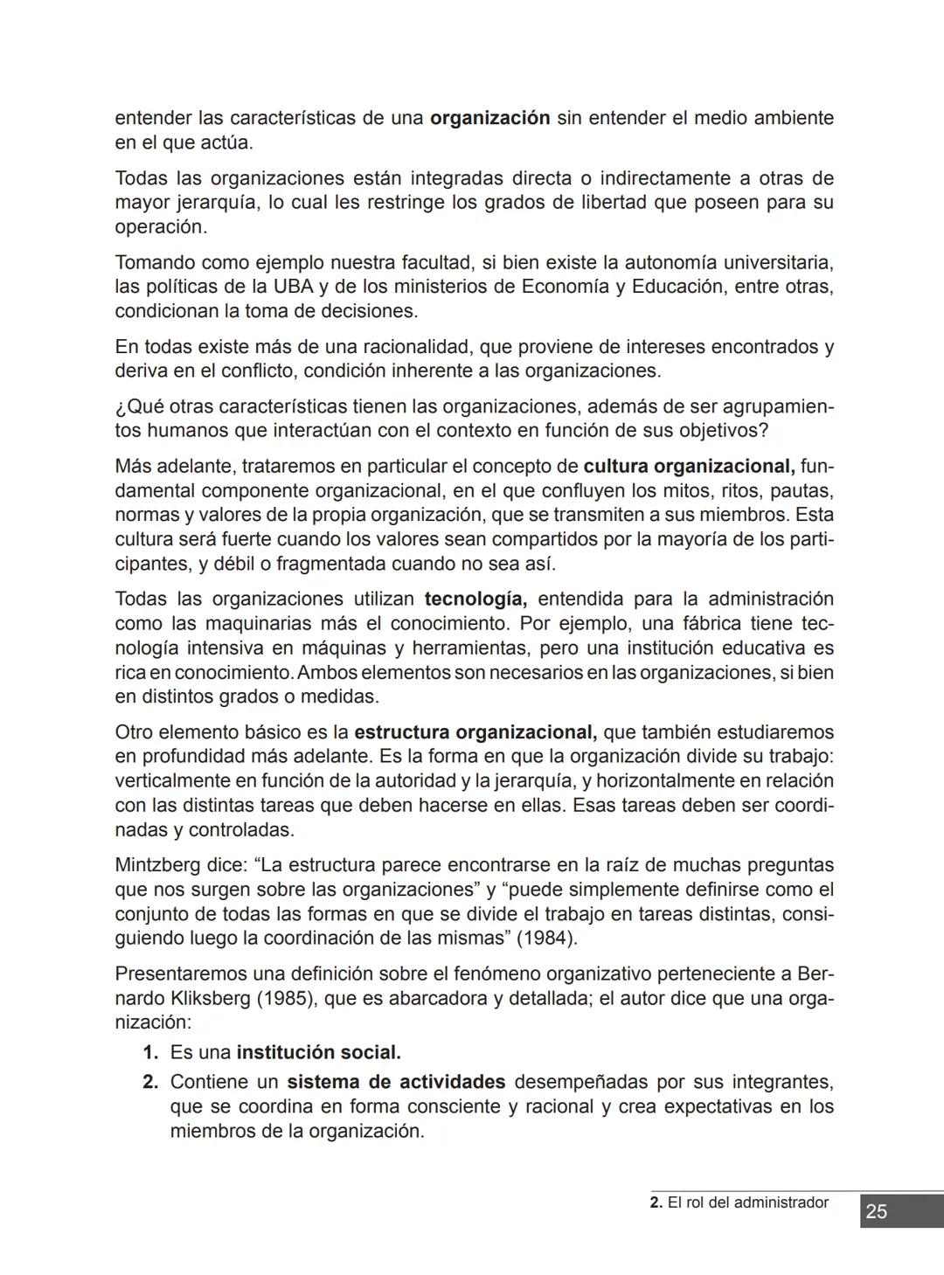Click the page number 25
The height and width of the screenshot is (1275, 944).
point(877,1211)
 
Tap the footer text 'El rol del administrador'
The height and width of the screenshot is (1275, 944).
point(747,1202)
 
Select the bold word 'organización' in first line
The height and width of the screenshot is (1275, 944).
point(489,118)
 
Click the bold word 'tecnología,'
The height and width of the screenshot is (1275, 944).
point(475,599)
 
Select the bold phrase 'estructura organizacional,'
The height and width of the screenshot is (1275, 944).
point(475,732)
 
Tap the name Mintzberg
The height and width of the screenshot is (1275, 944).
point(158,865)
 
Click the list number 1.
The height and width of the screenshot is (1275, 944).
point(150,1052)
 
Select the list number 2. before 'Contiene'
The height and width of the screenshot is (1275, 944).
point(150,1082)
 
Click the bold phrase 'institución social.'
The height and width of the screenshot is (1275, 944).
point(318,1052)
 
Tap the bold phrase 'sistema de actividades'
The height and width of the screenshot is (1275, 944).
point(396,1082)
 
